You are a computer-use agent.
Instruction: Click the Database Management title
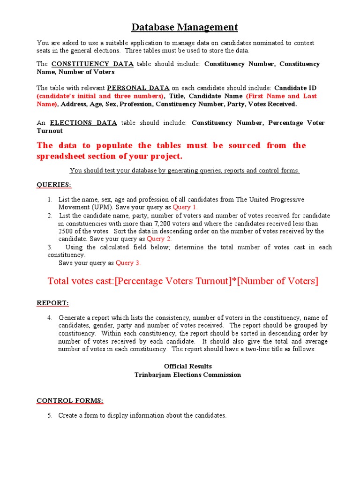click(x=184, y=28)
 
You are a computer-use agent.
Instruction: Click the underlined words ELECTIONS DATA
click(x=83, y=123)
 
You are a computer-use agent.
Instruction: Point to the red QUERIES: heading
click(x=54, y=185)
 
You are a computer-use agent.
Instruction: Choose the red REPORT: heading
click(x=52, y=303)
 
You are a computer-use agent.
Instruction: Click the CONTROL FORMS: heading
click(x=70, y=400)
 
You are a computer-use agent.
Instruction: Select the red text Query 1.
click(x=185, y=207)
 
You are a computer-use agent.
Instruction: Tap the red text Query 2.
click(x=159, y=239)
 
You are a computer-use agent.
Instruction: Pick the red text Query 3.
click(x=128, y=263)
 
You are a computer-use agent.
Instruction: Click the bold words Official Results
click(x=187, y=366)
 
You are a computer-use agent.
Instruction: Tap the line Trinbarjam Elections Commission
click(x=187, y=375)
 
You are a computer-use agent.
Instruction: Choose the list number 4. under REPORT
click(x=50, y=317)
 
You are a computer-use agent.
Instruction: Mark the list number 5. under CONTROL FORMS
click(x=50, y=415)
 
